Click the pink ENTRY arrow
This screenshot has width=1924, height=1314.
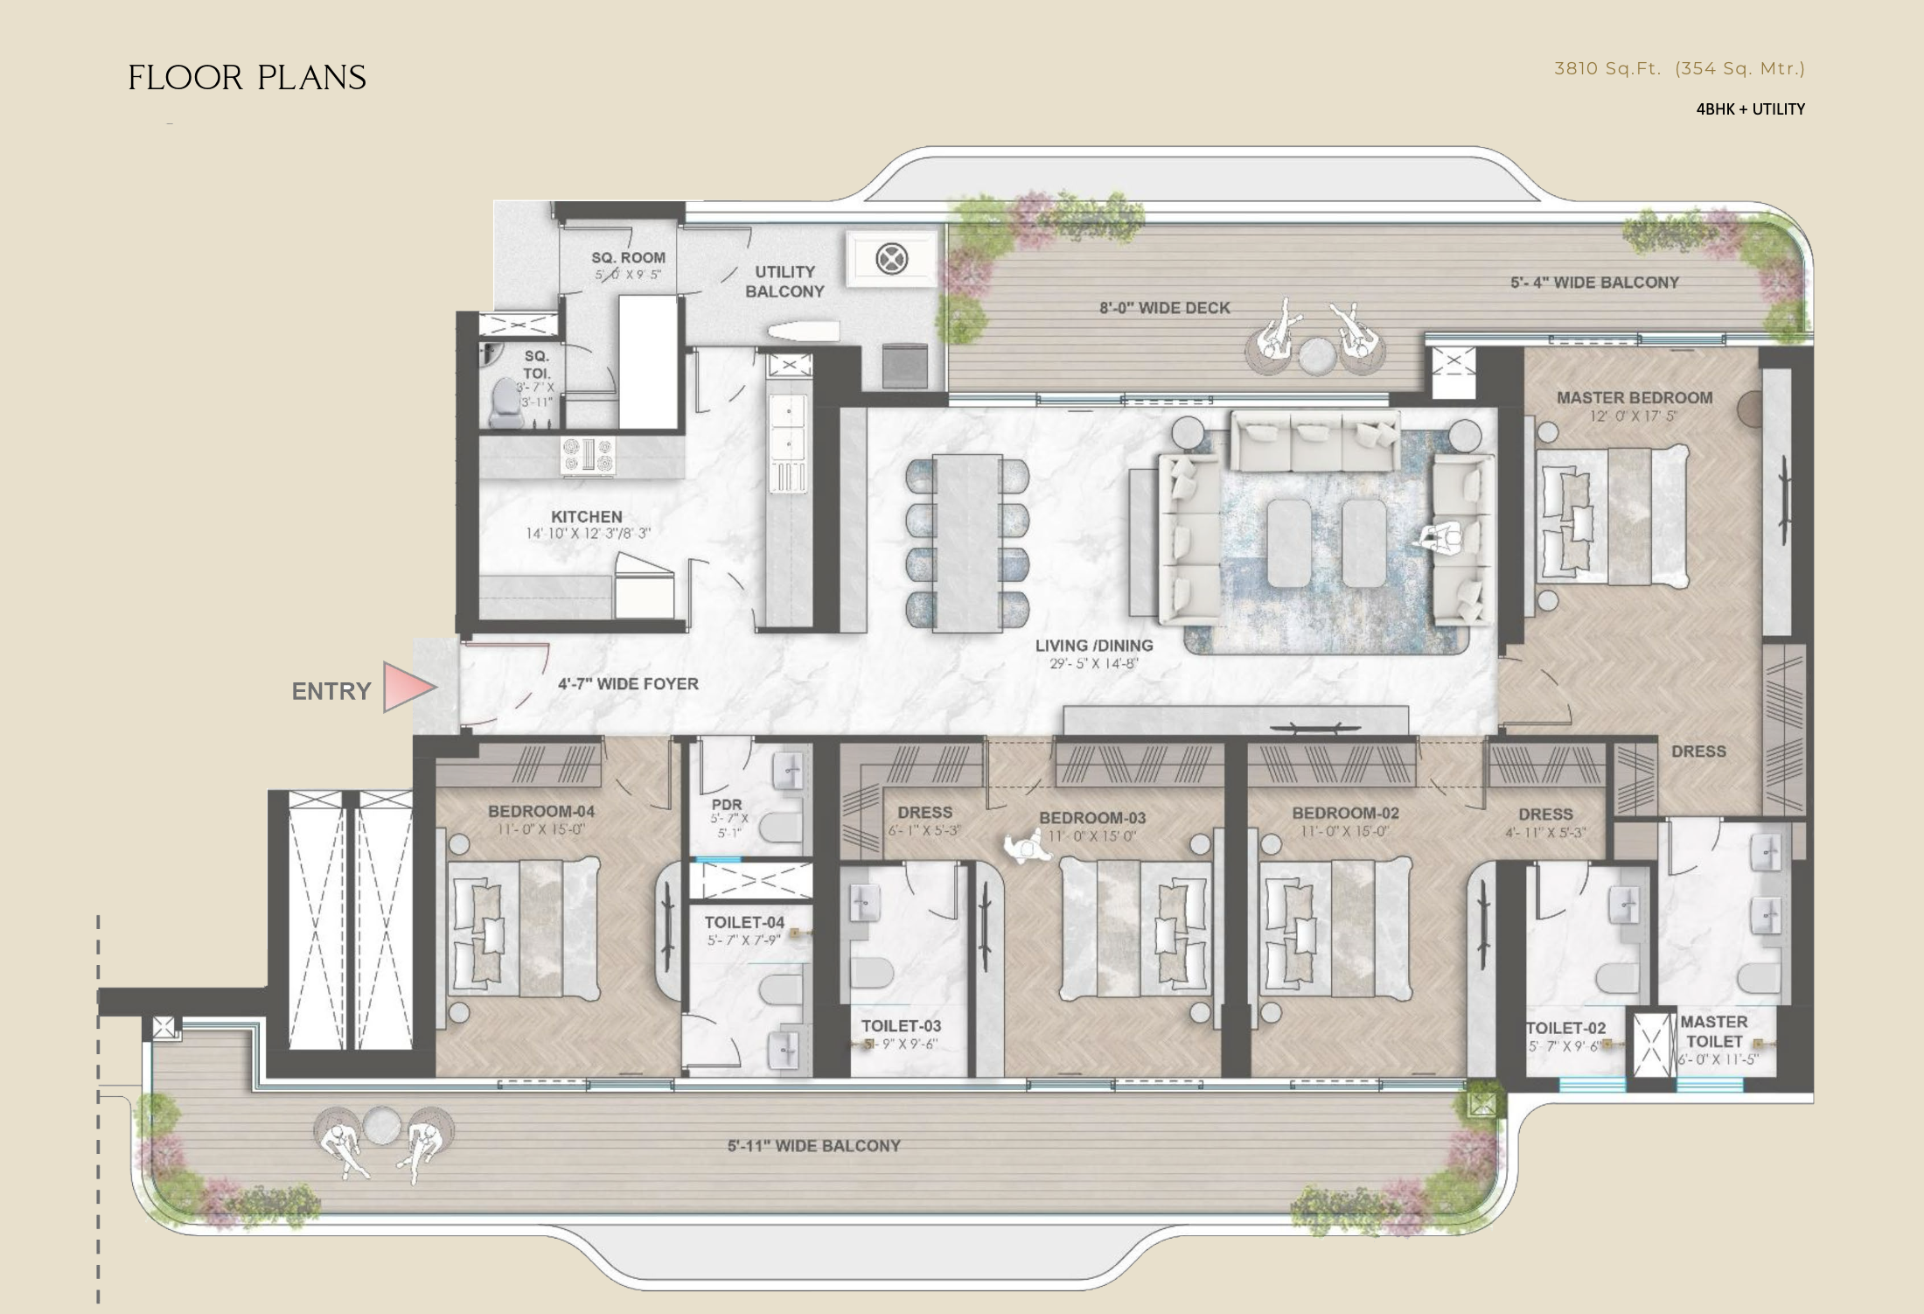[x=408, y=687]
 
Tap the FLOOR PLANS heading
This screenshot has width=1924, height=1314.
[x=247, y=78]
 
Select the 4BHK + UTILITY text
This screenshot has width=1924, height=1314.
[x=1750, y=109]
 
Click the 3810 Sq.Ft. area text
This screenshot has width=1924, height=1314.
[x=1607, y=68]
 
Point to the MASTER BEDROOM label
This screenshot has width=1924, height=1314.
[x=1634, y=398]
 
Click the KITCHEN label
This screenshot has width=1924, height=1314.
[x=586, y=517]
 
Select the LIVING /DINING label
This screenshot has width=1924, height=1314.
[x=1094, y=646]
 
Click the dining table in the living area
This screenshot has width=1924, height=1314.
[x=966, y=542]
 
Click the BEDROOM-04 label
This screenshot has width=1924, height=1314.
[x=540, y=812]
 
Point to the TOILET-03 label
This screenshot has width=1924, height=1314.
[x=901, y=1026]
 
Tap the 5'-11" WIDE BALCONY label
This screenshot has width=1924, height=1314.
[x=813, y=1146]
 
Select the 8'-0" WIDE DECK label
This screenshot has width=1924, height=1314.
[x=1164, y=308]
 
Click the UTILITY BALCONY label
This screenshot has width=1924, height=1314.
[x=784, y=282]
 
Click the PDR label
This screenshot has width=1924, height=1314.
[x=727, y=805]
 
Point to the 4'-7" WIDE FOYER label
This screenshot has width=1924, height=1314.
[x=628, y=684]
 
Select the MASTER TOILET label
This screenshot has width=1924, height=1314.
[x=1713, y=1031]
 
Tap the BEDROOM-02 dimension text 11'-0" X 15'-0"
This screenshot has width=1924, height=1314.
[x=1345, y=831]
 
